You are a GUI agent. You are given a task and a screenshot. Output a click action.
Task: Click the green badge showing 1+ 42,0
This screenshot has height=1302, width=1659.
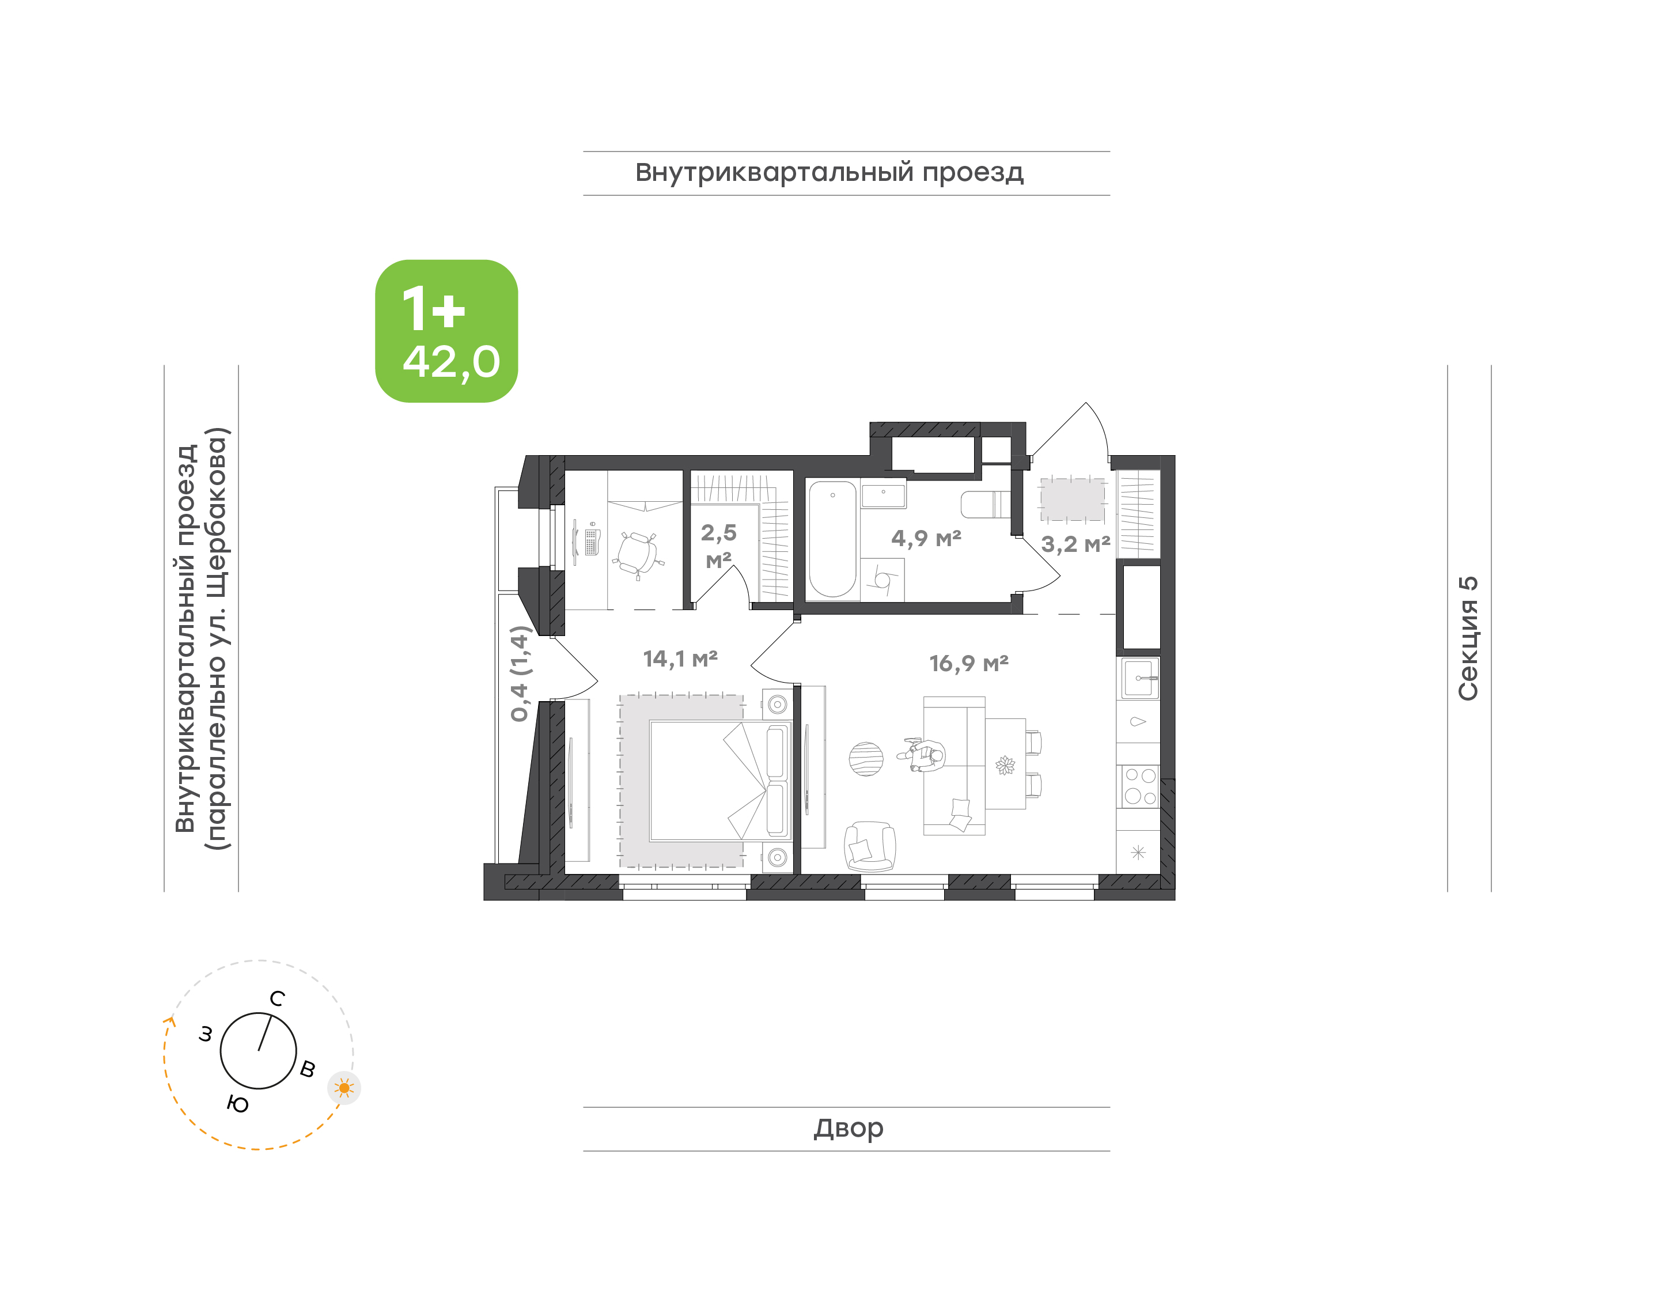tap(446, 331)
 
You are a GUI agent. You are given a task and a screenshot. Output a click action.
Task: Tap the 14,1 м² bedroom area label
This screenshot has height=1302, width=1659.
tap(680, 658)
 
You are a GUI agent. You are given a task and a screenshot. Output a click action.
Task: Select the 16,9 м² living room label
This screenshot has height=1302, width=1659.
tap(968, 663)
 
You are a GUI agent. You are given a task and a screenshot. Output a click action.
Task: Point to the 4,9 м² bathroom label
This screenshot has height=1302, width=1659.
tap(926, 538)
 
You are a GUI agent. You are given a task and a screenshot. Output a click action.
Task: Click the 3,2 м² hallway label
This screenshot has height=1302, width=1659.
tap(1075, 544)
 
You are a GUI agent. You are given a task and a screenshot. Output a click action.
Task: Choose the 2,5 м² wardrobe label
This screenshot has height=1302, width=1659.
tap(719, 546)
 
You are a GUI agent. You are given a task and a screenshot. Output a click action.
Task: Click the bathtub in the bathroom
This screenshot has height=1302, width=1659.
tap(832, 538)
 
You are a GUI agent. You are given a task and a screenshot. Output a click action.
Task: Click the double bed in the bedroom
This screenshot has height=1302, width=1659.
tap(721, 781)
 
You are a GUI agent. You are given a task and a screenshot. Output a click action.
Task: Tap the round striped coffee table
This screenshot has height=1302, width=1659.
tap(866, 759)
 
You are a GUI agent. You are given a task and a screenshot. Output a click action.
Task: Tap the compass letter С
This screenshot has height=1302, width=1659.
tap(278, 998)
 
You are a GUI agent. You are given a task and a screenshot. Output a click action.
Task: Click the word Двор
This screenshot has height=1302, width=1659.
tap(848, 1128)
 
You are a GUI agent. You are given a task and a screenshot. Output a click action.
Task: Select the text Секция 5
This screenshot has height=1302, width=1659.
tap(1468, 638)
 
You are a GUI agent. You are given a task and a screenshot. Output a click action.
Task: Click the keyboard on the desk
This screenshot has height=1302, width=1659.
tap(592, 543)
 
